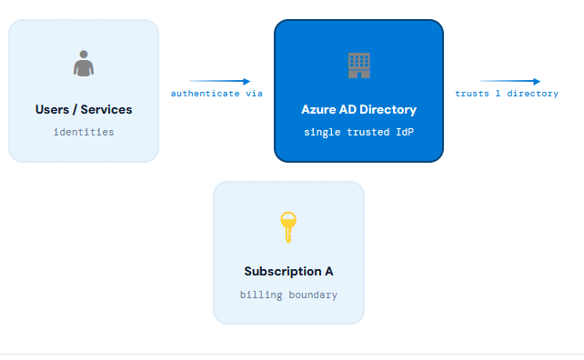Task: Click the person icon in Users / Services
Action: point(84,64)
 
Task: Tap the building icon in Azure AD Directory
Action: point(359,64)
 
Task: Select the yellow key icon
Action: point(288,226)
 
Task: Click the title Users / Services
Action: point(84,110)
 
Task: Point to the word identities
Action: point(84,132)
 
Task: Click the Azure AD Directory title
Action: point(358,110)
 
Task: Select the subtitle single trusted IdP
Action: point(358,132)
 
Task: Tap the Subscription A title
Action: point(288,272)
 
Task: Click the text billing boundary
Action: point(288,295)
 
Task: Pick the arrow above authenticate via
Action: point(219,81)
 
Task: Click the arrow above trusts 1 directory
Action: point(509,81)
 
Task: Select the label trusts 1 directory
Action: point(507,94)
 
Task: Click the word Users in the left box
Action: point(52,110)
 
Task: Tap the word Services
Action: point(106,110)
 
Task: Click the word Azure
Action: point(318,110)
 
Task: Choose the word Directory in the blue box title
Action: point(388,110)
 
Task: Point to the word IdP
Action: point(403,132)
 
